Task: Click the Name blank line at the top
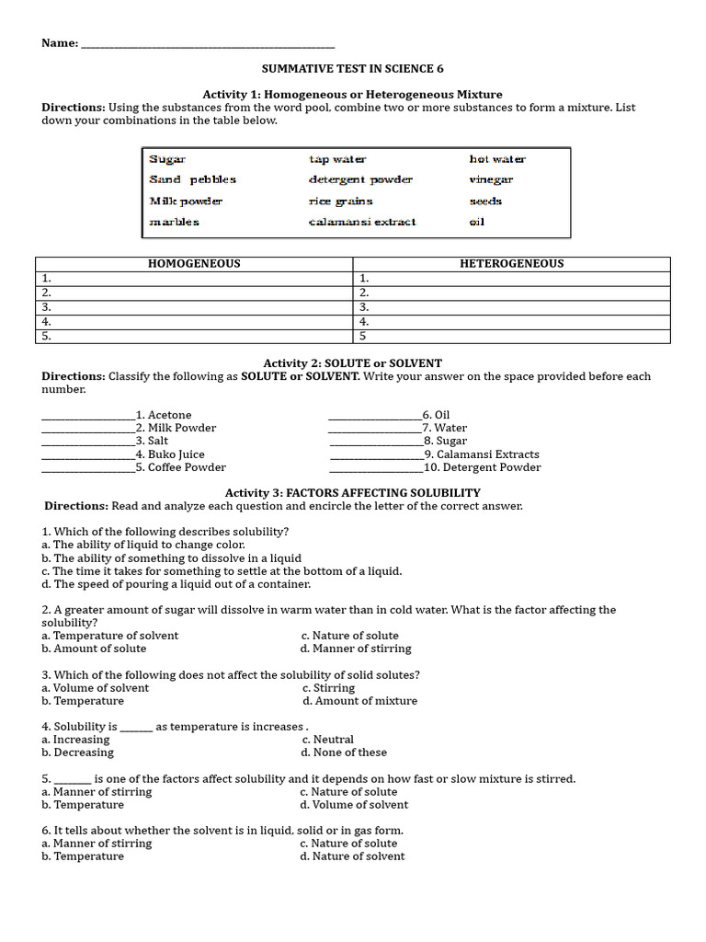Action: pyautogui.click(x=208, y=45)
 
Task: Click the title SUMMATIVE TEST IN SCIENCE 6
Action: pyautogui.click(x=353, y=69)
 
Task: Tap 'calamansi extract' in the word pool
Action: pyautogui.click(x=362, y=222)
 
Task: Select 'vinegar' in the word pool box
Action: pyautogui.click(x=491, y=180)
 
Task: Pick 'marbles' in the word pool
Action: pyautogui.click(x=174, y=222)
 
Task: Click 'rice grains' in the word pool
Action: pyautogui.click(x=340, y=201)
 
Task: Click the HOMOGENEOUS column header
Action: pyautogui.click(x=194, y=264)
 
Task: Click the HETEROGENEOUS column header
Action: pyautogui.click(x=511, y=264)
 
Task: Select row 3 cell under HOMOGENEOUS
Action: pyautogui.click(x=194, y=307)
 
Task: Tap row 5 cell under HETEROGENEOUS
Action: pyautogui.click(x=511, y=337)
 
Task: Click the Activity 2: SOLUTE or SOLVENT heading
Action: pyautogui.click(x=353, y=363)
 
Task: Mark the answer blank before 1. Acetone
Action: pyautogui.click(x=88, y=416)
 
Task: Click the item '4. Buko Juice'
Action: pyautogui.click(x=170, y=454)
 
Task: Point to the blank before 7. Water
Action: pyautogui.click(x=374, y=429)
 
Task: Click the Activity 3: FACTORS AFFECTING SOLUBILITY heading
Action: pyautogui.click(x=353, y=493)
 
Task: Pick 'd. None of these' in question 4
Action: pyautogui.click(x=344, y=752)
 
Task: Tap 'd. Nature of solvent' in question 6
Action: pyautogui.click(x=352, y=856)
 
